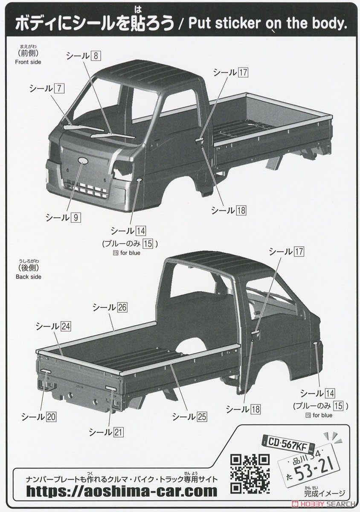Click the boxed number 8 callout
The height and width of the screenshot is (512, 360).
(x=96, y=56)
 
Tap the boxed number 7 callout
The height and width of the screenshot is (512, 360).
(x=59, y=88)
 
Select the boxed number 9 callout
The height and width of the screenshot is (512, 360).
(x=76, y=217)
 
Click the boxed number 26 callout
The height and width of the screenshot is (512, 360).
(x=122, y=307)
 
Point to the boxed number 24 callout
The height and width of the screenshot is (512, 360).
(x=65, y=326)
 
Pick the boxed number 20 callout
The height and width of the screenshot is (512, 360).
(x=51, y=417)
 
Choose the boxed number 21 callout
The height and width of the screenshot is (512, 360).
(x=118, y=432)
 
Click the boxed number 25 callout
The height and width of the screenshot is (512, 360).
(x=202, y=417)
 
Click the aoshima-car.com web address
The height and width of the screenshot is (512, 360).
(x=122, y=491)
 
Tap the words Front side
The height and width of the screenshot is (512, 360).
(x=28, y=62)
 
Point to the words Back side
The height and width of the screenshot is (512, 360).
(x=29, y=276)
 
